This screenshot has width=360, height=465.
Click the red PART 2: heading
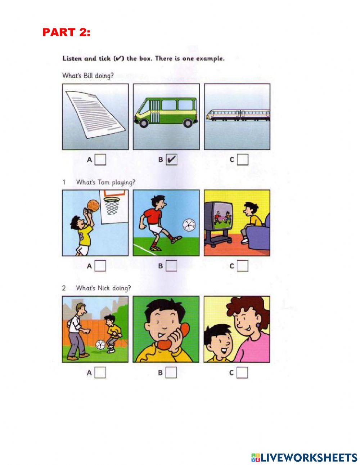66,32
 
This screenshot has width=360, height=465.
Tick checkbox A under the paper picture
100,160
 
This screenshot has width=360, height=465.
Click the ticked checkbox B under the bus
172,160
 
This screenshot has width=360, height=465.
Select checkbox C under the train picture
243,160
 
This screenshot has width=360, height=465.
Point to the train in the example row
238,115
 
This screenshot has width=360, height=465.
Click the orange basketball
93,206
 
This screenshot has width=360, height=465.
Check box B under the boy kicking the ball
172,266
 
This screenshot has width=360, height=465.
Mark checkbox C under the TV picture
243,266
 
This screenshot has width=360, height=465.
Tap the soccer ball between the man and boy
100,345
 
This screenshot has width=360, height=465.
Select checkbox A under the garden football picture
100,372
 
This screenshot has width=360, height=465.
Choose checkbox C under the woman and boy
243,372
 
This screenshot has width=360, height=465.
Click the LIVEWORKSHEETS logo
304,457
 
